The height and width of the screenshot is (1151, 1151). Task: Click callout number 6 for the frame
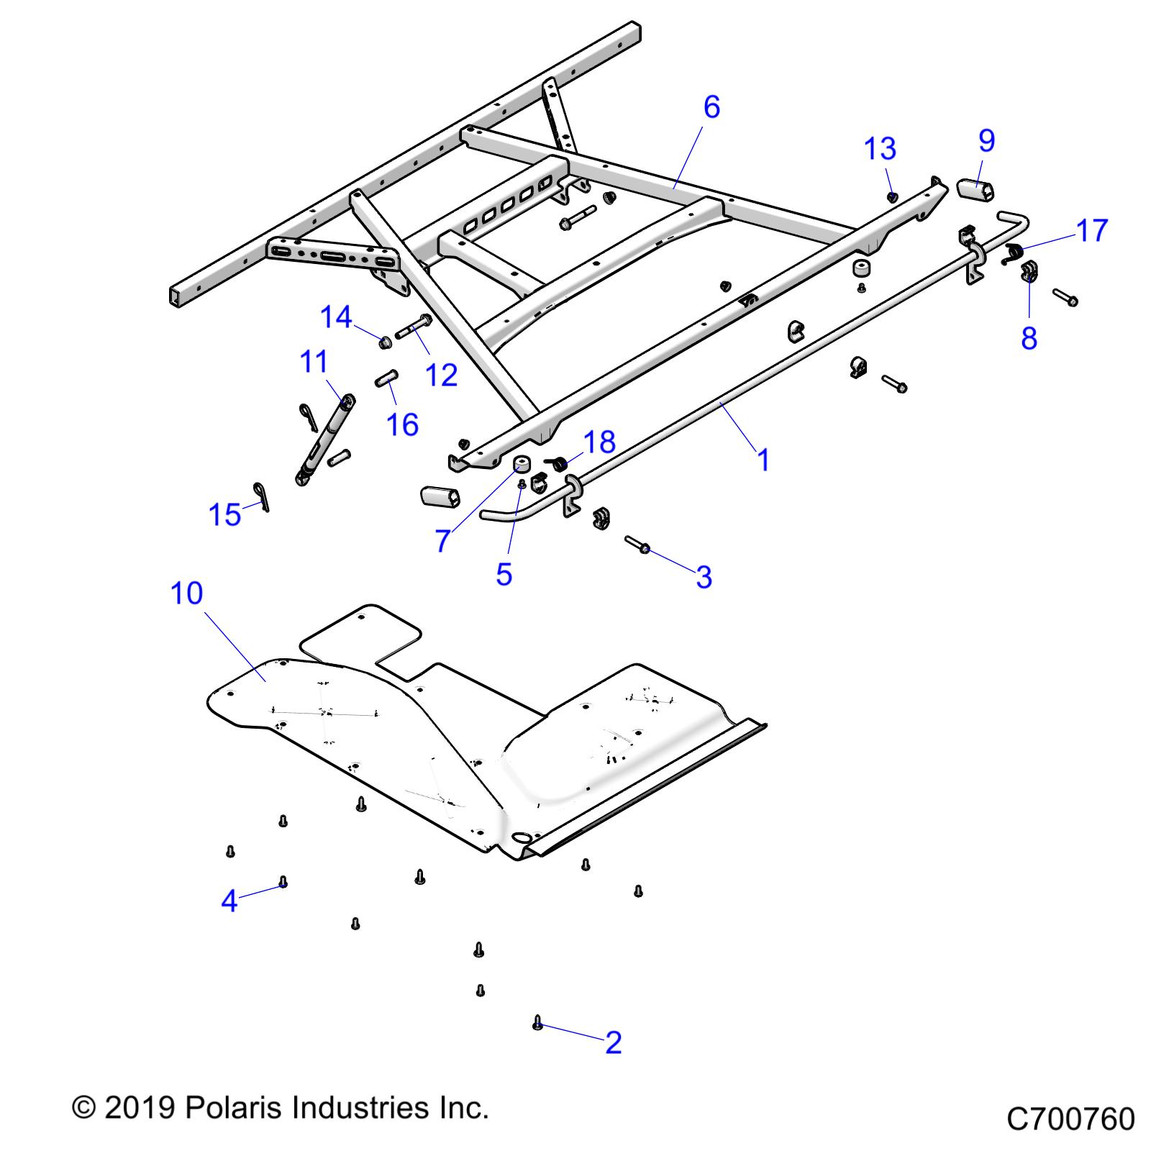[x=711, y=107]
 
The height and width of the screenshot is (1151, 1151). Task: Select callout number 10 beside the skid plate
[x=186, y=594]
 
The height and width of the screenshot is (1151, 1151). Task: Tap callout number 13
[x=880, y=149]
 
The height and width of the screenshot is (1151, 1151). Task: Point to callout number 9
[x=986, y=140]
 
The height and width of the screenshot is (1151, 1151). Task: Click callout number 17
[x=1091, y=231]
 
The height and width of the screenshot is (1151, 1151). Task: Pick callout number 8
[x=1029, y=337]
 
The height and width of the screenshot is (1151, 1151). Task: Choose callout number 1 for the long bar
[x=763, y=460]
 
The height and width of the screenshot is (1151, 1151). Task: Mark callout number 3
[x=704, y=577]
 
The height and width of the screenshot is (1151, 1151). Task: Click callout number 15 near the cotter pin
[x=224, y=515]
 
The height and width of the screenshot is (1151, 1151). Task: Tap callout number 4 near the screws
[x=229, y=901]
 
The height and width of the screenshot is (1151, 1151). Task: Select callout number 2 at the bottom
[x=613, y=1042]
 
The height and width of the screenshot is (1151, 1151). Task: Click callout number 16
[x=402, y=424]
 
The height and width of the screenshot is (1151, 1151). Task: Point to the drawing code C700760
[x=1070, y=1119]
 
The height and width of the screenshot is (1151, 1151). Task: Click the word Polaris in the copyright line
[x=237, y=1108]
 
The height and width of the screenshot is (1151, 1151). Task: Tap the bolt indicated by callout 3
[x=637, y=545]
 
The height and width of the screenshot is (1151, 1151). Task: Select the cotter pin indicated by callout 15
[x=260, y=496]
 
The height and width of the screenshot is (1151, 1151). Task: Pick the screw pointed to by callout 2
[x=537, y=1022]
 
